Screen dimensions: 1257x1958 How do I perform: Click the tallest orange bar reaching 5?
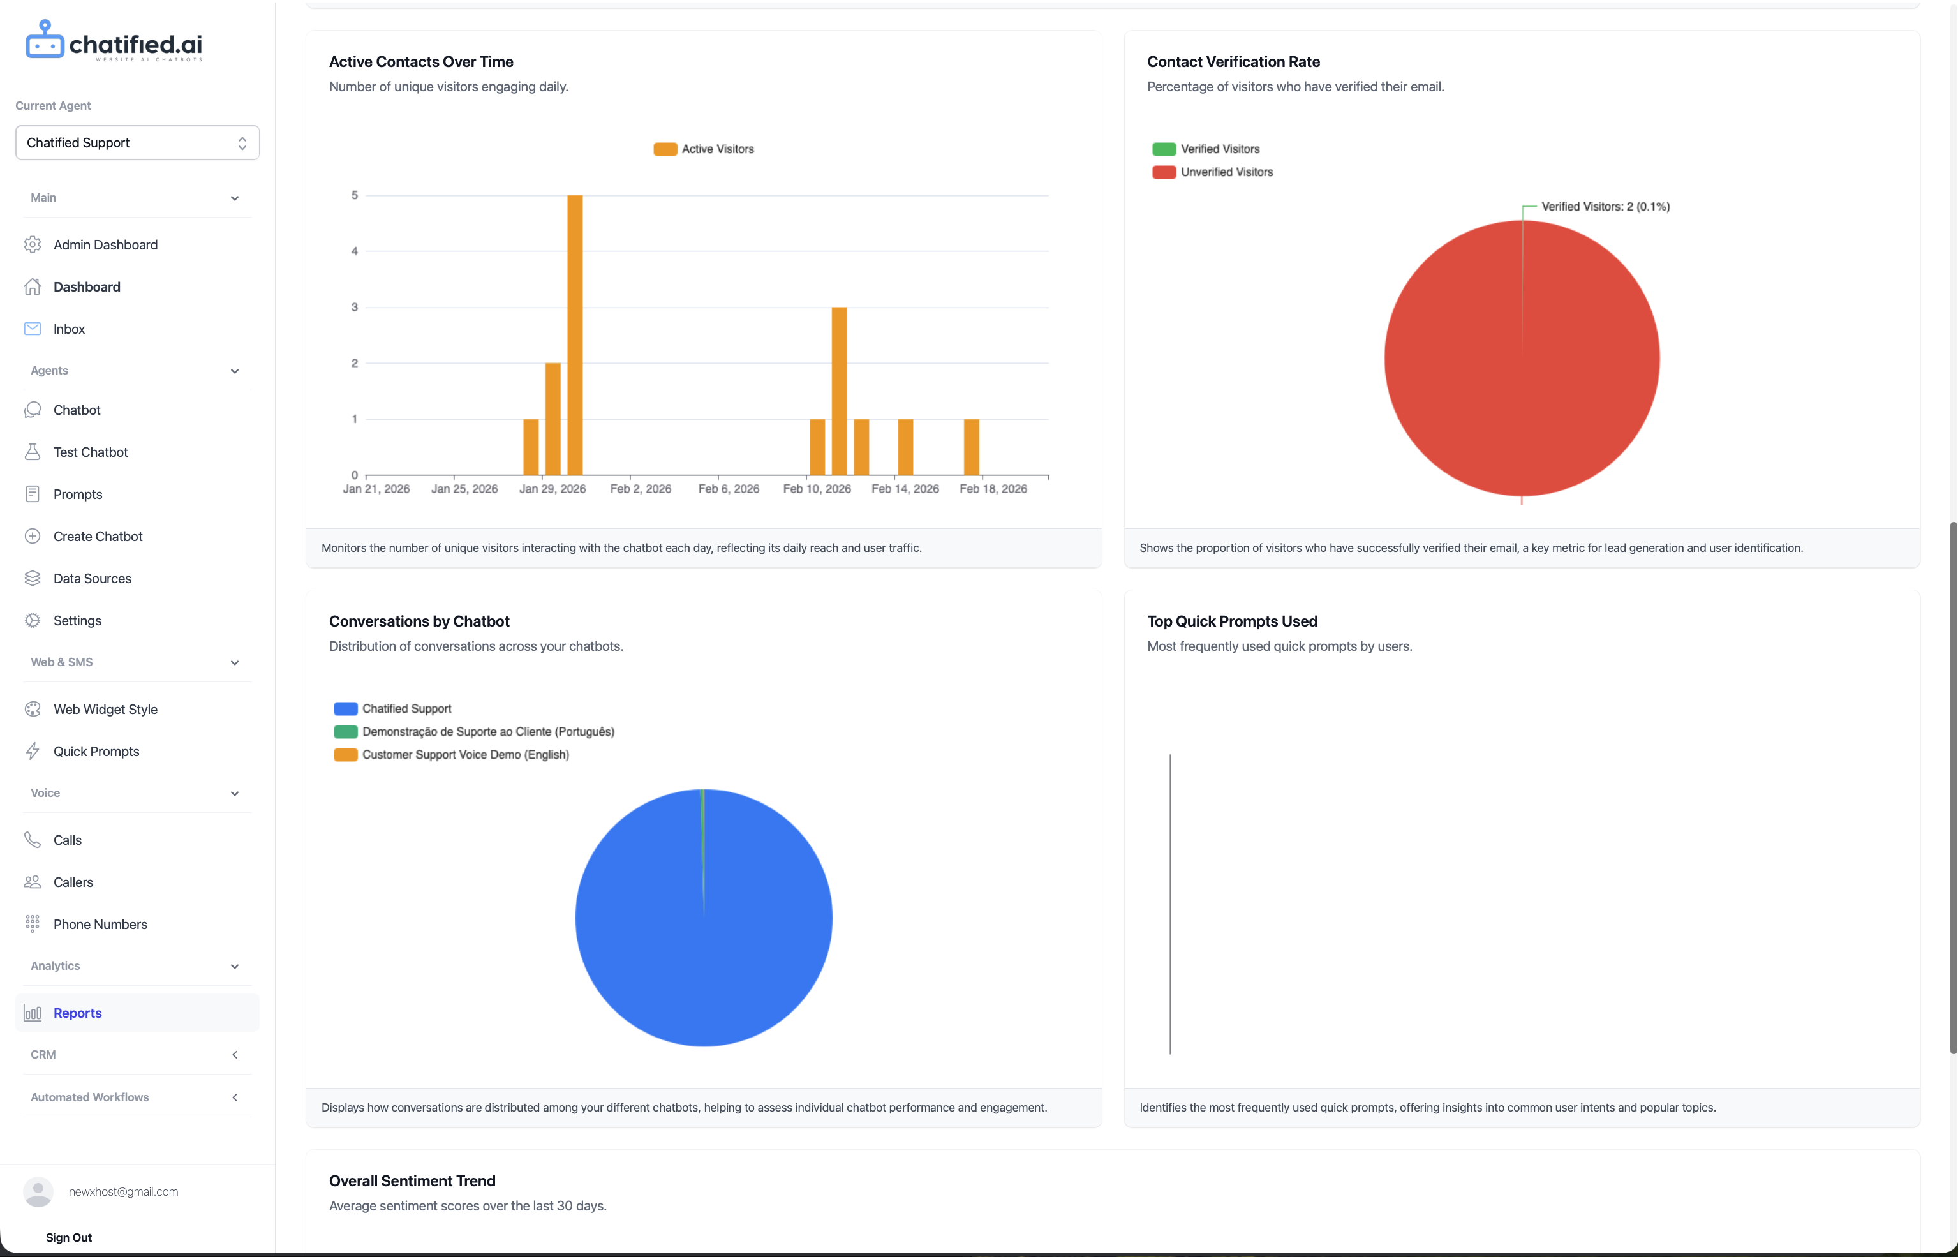(575, 334)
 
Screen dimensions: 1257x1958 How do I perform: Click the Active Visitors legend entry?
(704, 149)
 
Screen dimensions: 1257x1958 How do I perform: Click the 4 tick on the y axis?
(354, 251)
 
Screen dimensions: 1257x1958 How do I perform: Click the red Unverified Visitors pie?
(1522, 359)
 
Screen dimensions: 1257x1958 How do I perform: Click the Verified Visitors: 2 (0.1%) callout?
(1605, 207)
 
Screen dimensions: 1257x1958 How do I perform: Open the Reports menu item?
(78, 1013)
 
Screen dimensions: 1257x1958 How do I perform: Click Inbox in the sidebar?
(70, 329)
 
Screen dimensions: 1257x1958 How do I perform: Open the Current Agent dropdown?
(137, 143)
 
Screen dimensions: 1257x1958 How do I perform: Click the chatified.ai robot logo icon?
(44, 40)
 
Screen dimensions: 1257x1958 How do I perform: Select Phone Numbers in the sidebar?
(100, 924)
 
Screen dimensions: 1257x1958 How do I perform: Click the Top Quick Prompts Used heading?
(1231, 621)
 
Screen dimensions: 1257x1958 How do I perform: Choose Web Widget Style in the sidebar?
(105, 710)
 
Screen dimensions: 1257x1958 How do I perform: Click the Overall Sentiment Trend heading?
(412, 1181)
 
